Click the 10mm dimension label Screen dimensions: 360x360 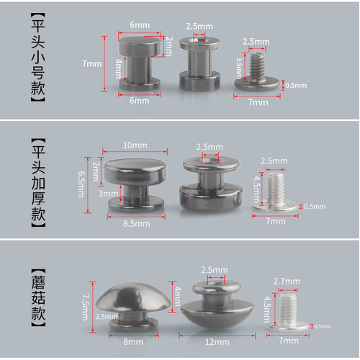point(135,145)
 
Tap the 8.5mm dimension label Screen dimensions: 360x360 point(136,224)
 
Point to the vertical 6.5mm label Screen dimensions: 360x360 point(81,184)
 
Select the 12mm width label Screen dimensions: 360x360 point(217,342)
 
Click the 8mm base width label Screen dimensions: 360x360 point(133,341)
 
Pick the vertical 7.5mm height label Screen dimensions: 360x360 point(85,307)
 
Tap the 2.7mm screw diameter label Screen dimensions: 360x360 point(287,281)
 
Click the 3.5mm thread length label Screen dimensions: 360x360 point(239,68)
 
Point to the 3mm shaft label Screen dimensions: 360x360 point(108,194)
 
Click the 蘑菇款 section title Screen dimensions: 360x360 point(38,297)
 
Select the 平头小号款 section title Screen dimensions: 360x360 point(38,58)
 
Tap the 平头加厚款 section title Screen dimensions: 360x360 point(38,183)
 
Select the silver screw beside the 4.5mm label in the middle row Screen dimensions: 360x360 point(275,192)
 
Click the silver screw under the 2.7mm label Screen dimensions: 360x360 point(288,312)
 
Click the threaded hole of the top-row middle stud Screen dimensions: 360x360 point(199,40)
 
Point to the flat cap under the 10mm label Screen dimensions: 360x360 point(135,171)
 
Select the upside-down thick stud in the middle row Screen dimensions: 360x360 point(211,184)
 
